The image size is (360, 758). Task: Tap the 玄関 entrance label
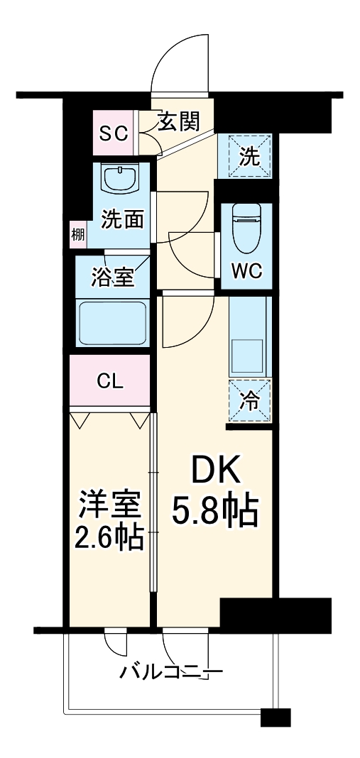click(x=178, y=121)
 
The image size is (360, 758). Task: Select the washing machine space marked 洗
click(x=244, y=156)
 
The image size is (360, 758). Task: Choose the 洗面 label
click(x=122, y=221)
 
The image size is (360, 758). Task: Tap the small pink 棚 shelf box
click(x=77, y=234)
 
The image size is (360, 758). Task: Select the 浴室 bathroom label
click(x=112, y=278)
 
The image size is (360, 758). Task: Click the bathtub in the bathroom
click(x=112, y=324)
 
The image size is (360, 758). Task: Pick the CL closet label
click(x=110, y=381)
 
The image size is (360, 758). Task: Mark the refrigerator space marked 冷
click(x=250, y=401)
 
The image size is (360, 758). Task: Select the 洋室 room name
click(x=110, y=505)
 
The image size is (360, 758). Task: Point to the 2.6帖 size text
click(x=109, y=536)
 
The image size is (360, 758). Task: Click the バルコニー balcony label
click(x=172, y=671)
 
